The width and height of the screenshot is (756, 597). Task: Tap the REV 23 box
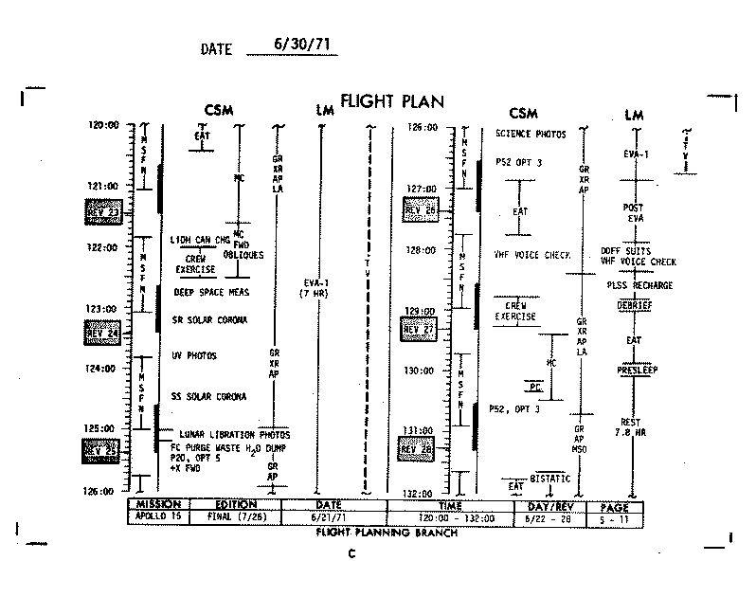(103, 209)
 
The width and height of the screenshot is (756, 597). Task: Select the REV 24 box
(101, 332)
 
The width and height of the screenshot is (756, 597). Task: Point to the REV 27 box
(419, 329)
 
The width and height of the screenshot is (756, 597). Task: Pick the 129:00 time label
(421, 311)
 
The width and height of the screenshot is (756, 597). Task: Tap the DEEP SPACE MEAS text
(211, 293)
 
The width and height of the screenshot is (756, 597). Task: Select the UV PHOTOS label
(194, 355)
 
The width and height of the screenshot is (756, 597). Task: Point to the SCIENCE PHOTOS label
(531, 135)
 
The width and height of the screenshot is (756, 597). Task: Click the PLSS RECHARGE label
(640, 285)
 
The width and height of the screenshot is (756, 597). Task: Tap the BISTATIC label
(550, 479)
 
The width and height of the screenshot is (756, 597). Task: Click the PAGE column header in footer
(614, 506)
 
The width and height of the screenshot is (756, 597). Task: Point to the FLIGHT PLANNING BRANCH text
(386, 533)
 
